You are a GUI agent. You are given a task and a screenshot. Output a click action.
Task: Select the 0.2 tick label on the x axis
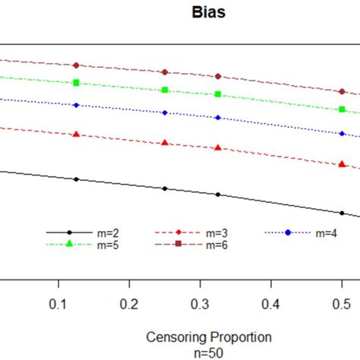(129, 304)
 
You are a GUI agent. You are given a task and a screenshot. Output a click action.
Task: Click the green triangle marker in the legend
(69, 244)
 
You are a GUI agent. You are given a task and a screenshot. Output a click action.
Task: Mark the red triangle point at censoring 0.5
(342, 164)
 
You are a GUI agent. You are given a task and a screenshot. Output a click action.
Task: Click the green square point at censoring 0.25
(165, 90)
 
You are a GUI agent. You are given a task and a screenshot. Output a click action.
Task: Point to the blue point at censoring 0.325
(218, 118)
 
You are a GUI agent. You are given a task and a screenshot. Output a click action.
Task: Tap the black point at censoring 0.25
(165, 188)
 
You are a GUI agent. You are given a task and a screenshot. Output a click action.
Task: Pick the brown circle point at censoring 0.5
(342, 91)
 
